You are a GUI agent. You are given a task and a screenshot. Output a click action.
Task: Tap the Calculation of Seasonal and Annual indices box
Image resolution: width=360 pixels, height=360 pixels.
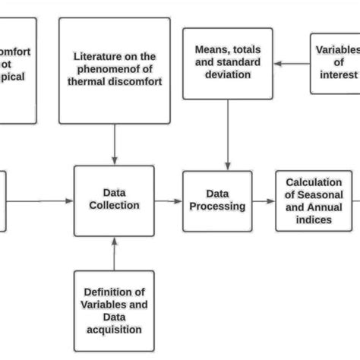(313, 201)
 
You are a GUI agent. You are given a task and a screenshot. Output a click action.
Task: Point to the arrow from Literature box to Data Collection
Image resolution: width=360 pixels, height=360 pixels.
(114, 144)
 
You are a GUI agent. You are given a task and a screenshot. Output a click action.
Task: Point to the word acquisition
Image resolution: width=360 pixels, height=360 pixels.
(114, 330)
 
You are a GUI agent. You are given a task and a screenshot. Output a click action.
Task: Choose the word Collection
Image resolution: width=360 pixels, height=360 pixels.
(114, 205)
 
